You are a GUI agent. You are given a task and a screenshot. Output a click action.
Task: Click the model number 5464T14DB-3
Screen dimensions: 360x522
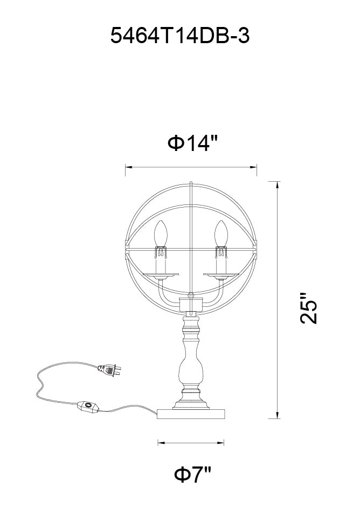179,36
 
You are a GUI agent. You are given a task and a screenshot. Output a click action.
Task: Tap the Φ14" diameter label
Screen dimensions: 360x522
192,143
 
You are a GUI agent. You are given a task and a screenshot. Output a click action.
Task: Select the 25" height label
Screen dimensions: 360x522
309,308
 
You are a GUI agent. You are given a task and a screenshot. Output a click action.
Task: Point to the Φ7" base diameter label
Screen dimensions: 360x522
192,475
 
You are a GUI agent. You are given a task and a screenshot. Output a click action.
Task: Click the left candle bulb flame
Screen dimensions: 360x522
161,233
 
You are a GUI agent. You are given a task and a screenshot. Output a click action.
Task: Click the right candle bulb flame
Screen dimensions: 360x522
221,233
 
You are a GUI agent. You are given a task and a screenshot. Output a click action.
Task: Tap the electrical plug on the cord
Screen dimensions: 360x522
109,370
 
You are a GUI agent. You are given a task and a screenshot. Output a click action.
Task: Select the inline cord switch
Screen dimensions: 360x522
88,407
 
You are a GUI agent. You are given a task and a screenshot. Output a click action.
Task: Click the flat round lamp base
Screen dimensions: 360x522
191,414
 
